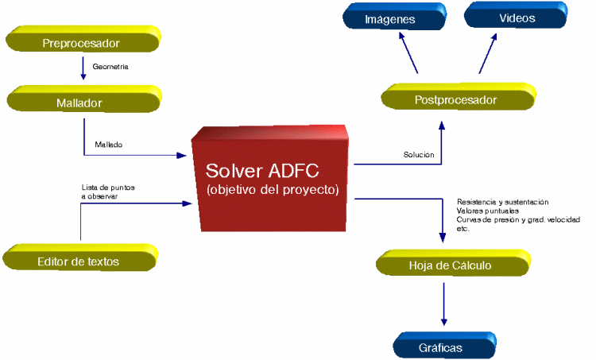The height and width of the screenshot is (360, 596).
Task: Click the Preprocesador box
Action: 83,39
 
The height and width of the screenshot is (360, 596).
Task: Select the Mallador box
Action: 84,99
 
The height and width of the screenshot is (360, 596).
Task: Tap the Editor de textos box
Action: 80,257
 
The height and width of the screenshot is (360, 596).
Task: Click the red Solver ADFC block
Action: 270,178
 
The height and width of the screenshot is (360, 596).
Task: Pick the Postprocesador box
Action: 459,97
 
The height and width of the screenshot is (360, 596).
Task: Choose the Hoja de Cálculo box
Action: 454,263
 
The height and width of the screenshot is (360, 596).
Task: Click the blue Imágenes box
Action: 394,17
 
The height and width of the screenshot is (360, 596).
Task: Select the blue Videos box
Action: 516,15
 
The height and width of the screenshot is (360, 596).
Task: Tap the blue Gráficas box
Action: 445,345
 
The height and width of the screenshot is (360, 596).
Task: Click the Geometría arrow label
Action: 110,67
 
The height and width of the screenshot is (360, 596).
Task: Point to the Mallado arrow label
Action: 109,145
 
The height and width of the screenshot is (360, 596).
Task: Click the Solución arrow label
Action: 419,155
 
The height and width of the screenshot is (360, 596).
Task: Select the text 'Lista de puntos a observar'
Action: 108,192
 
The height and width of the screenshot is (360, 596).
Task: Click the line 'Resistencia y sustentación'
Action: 502,202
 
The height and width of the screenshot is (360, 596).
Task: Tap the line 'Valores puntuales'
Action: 488,211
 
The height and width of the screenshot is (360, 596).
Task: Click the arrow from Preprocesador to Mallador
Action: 83,68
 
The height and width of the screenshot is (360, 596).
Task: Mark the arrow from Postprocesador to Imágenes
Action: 408,52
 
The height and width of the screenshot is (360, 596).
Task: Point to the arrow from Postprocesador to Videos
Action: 488,53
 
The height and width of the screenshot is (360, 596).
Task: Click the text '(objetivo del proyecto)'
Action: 273,189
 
